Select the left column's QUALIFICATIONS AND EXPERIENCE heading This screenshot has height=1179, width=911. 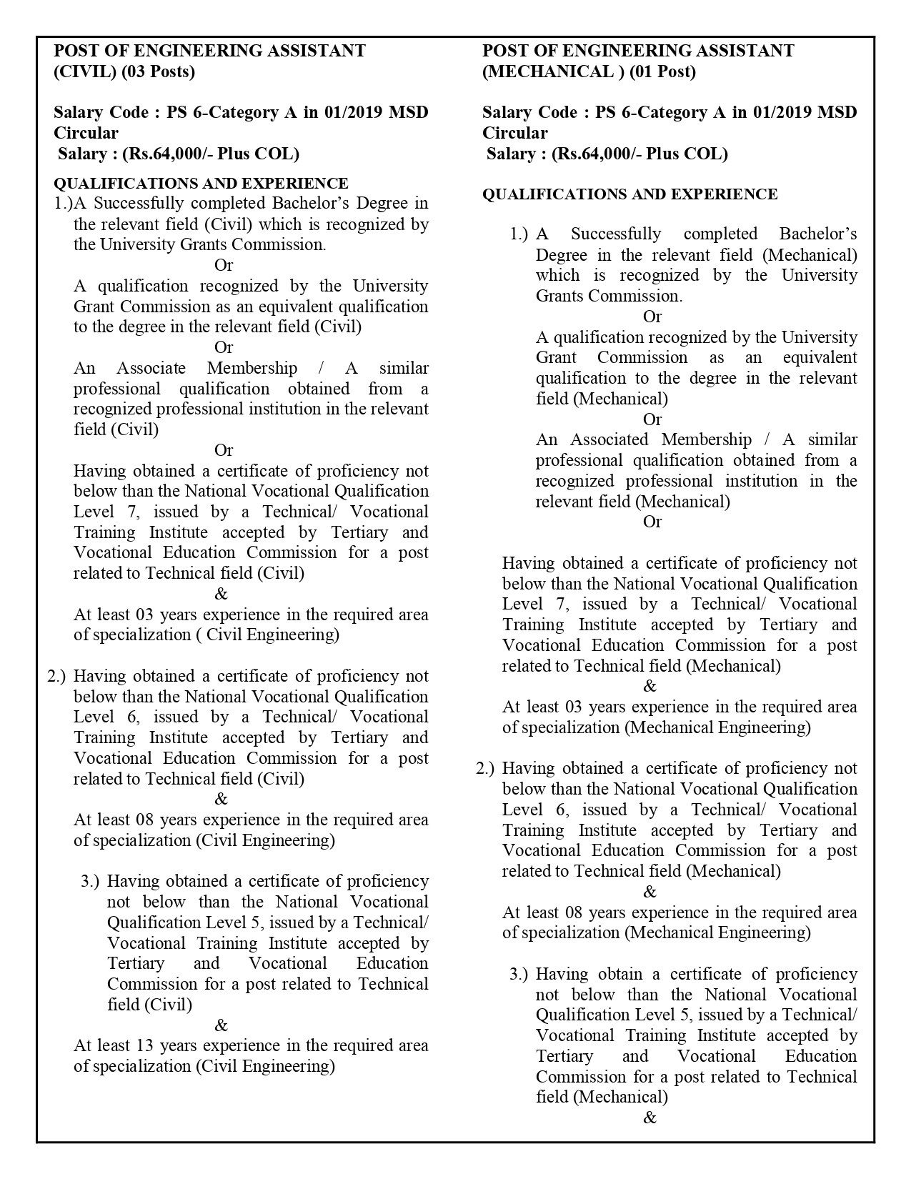click(201, 184)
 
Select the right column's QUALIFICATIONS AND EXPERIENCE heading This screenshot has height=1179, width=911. click(629, 194)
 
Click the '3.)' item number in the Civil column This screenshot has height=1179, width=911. click(90, 882)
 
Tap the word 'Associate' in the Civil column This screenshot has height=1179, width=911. click(151, 369)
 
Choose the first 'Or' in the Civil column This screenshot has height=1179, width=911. click(224, 265)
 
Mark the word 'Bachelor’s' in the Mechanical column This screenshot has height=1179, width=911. click(817, 234)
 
